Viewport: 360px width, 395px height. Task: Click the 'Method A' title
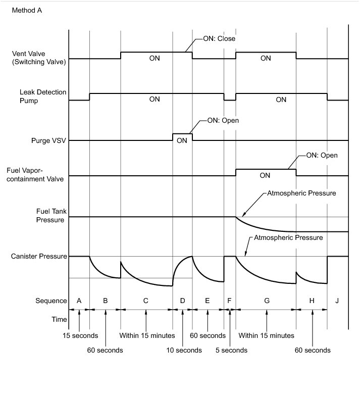[27, 10]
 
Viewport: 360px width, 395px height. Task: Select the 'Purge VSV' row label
[49, 140]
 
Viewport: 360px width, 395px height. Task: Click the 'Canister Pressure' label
[39, 256]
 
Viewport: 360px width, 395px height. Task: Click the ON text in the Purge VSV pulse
[182, 140]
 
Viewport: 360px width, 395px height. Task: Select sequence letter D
[182, 301]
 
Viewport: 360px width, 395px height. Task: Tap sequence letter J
[337, 301]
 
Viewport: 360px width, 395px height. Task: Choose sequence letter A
[79, 301]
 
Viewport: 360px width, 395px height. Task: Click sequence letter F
[230, 301]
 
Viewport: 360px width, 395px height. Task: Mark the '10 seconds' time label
[184, 350]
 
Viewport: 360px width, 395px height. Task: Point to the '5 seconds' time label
[231, 350]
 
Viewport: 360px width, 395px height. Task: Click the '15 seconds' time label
[80, 335]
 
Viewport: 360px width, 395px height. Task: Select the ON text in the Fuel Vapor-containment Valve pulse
[265, 176]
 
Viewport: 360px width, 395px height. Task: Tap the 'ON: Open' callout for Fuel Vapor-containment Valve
[322, 155]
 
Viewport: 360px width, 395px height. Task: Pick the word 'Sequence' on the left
[51, 301]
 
